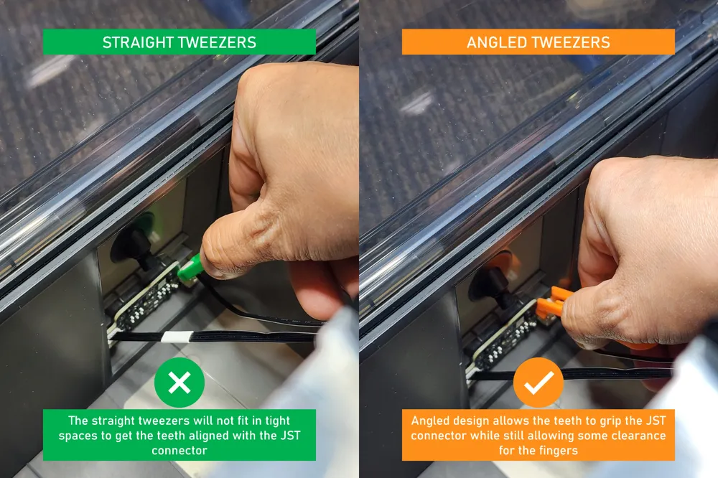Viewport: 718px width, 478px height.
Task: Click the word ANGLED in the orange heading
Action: point(495,42)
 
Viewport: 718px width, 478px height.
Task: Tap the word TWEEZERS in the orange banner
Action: point(569,42)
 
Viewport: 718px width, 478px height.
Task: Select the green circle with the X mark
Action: point(179,383)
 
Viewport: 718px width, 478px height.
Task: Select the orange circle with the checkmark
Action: point(538,383)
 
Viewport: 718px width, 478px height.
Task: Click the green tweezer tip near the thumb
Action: point(190,268)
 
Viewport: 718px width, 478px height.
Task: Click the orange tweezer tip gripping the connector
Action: point(551,301)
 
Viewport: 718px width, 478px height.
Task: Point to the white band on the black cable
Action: point(175,337)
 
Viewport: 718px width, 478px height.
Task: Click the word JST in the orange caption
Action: point(656,421)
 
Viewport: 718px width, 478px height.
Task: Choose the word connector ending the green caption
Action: point(179,451)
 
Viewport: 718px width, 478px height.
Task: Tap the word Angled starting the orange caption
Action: point(428,421)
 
